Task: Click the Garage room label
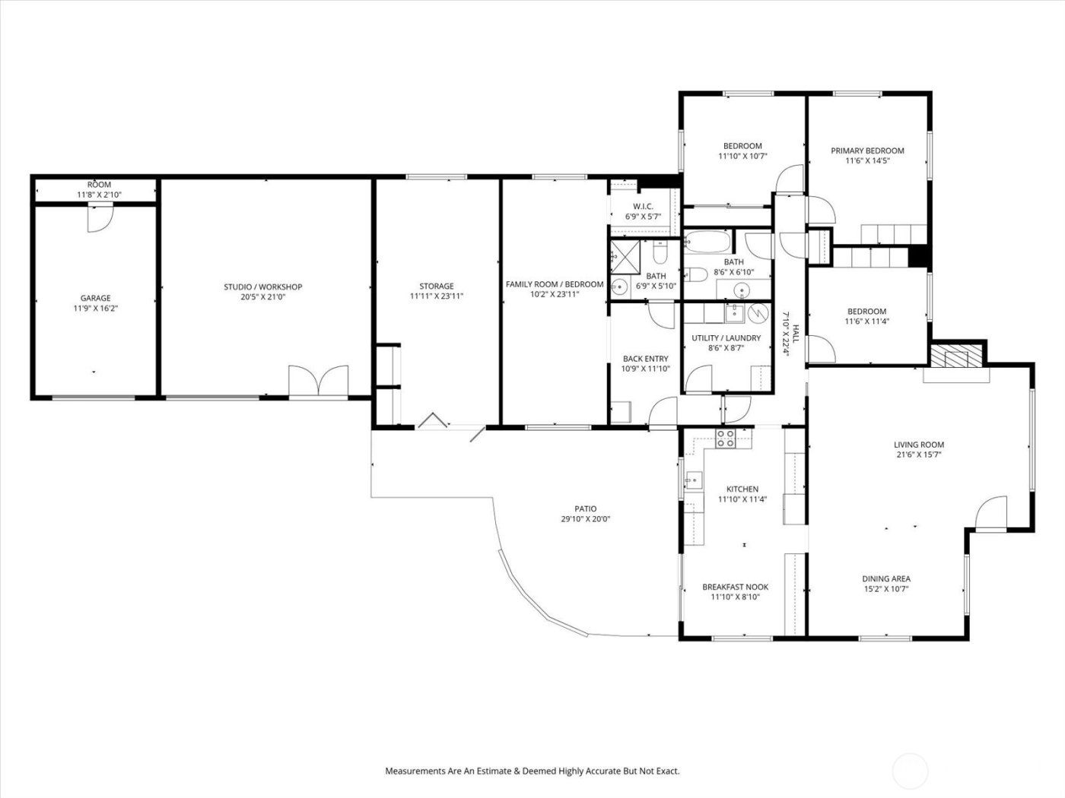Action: click(96, 298)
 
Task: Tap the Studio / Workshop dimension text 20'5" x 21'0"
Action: click(262, 297)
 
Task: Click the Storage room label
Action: click(437, 287)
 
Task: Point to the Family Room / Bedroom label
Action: click(555, 284)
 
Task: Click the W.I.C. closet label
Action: click(644, 207)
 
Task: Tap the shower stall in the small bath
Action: click(627, 255)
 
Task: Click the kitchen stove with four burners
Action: click(726, 439)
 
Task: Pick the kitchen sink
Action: click(693, 480)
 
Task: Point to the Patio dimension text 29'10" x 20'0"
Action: click(585, 520)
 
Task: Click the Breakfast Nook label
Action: click(735, 587)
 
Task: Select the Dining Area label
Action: click(886, 578)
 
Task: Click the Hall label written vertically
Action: click(796, 334)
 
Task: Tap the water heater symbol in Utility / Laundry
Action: click(757, 312)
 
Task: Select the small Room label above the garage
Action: click(99, 185)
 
